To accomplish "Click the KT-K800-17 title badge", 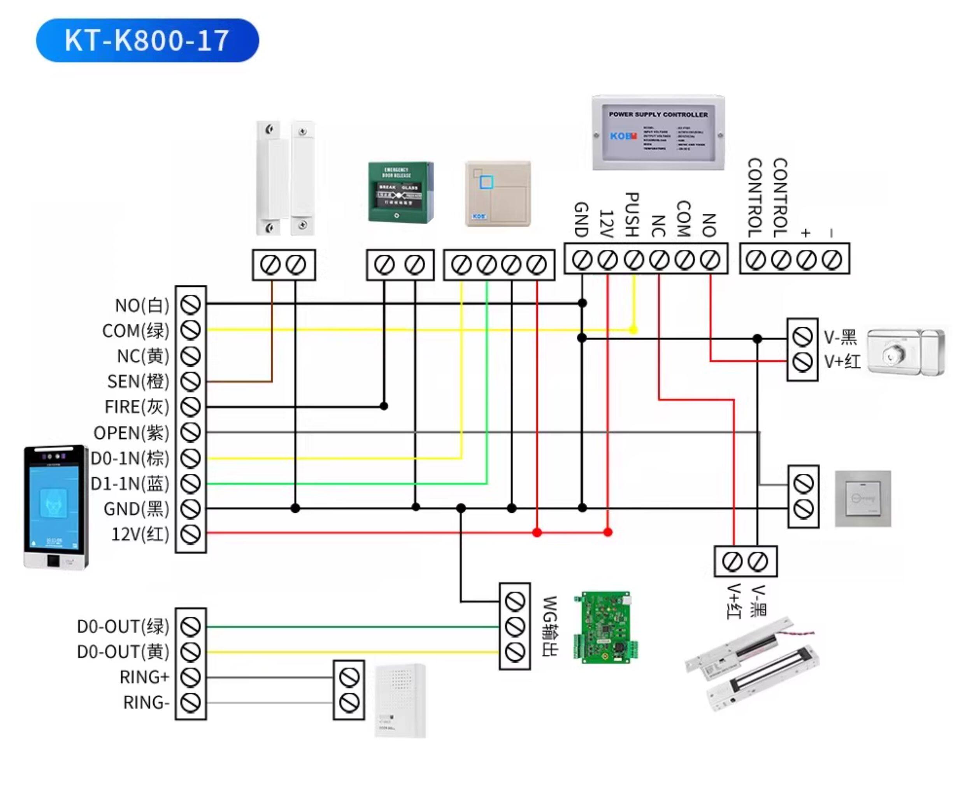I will pos(147,40).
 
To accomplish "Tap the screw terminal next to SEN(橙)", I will pos(190,381).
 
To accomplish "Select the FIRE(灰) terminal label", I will pos(137,407).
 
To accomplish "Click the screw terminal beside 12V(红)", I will pos(190,534).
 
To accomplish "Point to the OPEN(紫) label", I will pos(132,432).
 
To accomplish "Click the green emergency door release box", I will pos(401,192).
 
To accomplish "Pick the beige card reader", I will pos(498,193).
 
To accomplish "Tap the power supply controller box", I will pos(658,134).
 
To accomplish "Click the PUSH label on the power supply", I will pos(633,214).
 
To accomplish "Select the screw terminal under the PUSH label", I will pos(634,260).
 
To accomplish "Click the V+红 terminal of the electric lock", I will pos(802,362).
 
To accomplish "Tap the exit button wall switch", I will pos(863,498).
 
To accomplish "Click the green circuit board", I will pos(605,627).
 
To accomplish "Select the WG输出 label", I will pos(551,626).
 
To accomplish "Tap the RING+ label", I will pos(144,677).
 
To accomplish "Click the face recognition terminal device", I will pos(56,507).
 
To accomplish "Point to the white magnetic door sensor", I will pos(285,178).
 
